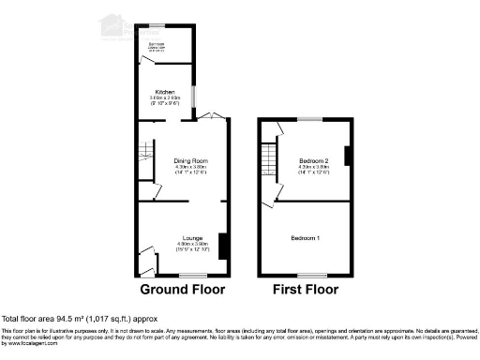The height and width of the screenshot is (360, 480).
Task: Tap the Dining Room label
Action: click(x=190, y=161)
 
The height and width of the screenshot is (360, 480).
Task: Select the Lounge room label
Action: click(x=190, y=238)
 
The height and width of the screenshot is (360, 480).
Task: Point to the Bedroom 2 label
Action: click(x=312, y=161)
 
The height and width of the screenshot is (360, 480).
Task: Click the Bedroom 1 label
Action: click(x=306, y=238)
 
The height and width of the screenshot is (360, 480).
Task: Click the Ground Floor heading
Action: click(x=182, y=290)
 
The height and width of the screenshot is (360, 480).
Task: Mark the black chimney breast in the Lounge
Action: click(x=222, y=246)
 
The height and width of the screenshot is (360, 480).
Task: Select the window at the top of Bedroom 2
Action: click(x=309, y=119)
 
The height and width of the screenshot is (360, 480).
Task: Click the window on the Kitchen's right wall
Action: click(x=194, y=96)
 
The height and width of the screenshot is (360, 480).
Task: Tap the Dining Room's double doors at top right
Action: click(x=211, y=116)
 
